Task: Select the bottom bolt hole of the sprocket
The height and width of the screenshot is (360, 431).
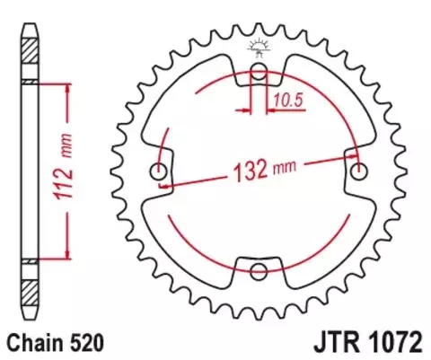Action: tap(259, 273)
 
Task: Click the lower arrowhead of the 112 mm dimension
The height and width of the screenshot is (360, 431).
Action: tap(65, 254)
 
